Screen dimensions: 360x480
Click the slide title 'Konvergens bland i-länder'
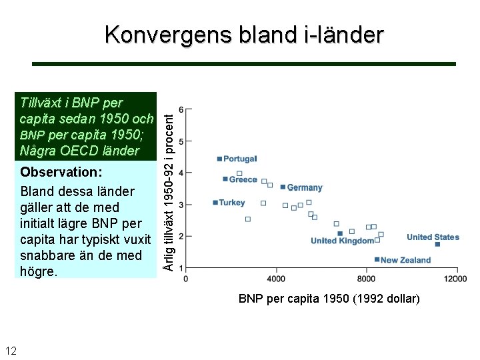click(x=244, y=35)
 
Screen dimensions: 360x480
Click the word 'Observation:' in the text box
click(x=61, y=172)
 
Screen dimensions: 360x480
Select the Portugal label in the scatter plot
click(x=239, y=159)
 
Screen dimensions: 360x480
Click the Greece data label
click(x=243, y=179)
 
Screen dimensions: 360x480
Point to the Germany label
click(x=305, y=187)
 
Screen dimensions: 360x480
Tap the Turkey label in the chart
click(x=232, y=203)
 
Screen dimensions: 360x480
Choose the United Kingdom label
click(x=342, y=241)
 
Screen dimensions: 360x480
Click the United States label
click(x=433, y=237)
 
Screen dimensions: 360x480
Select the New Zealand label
click(x=405, y=260)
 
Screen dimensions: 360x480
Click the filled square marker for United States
click(x=437, y=245)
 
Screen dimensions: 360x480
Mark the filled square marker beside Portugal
click(x=219, y=159)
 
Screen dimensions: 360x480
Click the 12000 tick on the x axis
click(x=456, y=278)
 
